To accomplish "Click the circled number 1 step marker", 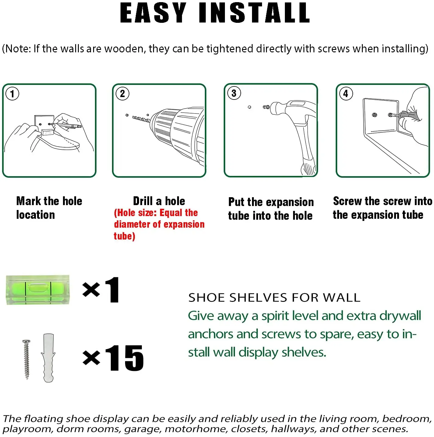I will [x=12, y=94].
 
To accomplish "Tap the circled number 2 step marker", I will [x=122, y=94].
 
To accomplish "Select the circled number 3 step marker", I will [x=234, y=93].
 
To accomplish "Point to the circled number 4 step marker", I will [x=346, y=94].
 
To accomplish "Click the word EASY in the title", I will [x=153, y=13].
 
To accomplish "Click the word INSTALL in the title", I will [x=254, y=13].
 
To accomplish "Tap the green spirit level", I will [x=38, y=290].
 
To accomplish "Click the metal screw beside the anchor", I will [x=26, y=359].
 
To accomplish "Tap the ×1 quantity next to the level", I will [x=101, y=290].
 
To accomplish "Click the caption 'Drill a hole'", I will [x=159, y=201].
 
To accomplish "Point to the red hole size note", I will [x=159, y=224].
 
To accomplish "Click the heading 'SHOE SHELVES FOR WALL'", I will [x=274, y=298].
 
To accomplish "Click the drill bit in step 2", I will [x=141, y=119].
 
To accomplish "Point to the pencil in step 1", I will [x=68, y=125].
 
